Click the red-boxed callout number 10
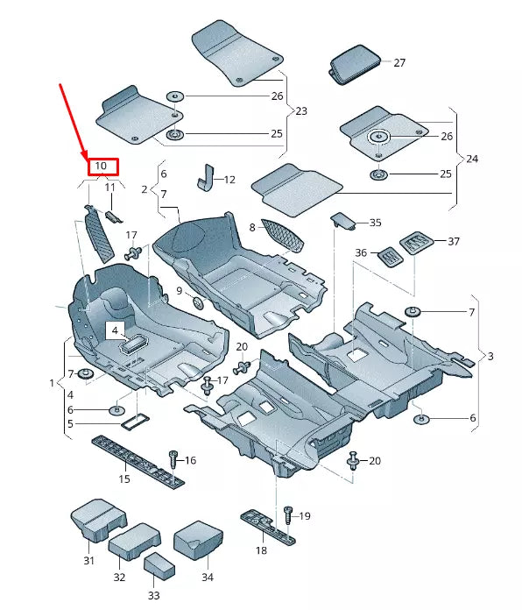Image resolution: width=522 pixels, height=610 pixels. (x=101, y=165)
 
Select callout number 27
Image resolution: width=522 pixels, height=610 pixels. (x=399, y=63)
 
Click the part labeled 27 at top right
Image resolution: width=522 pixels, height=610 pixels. (x=356, y=67)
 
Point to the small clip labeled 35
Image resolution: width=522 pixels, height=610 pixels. (x=342, y=220)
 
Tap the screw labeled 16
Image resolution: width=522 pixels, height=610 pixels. (x=173, y=457)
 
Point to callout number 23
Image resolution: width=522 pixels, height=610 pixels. (x=301, y=111)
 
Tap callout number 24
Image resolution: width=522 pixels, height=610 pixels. (x=472, y=160)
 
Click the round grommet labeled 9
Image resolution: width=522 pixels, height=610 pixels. (x=197, y=302)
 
